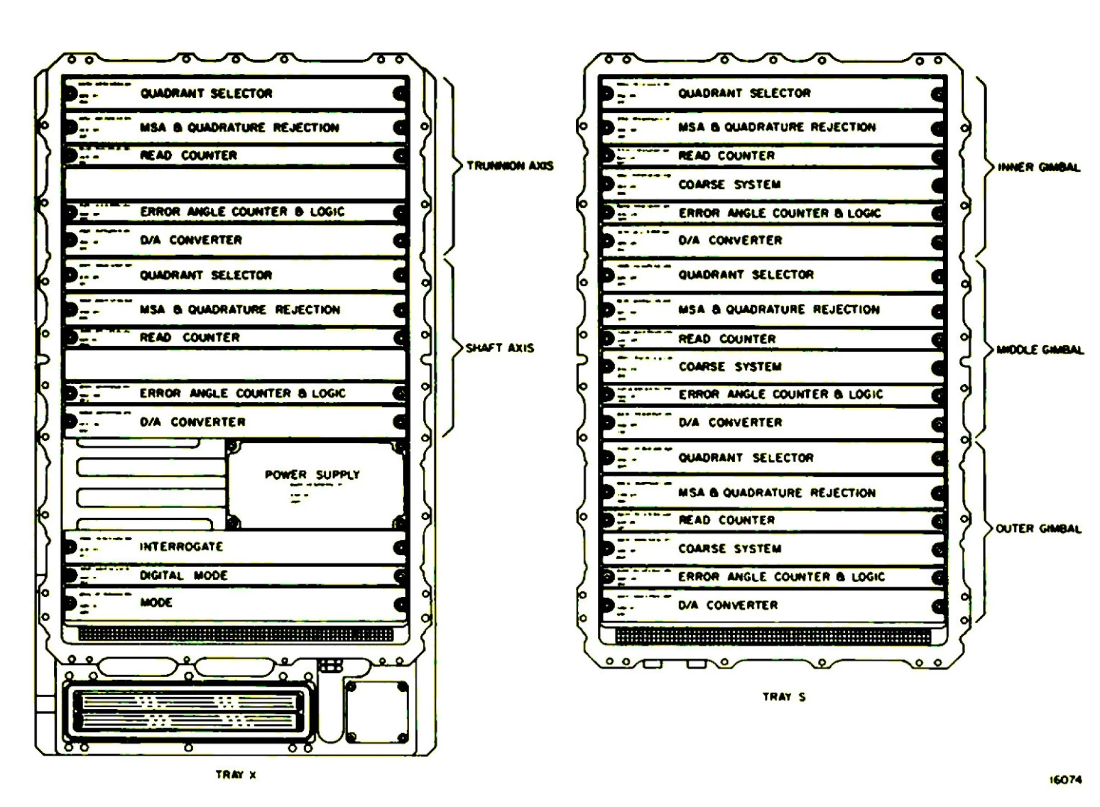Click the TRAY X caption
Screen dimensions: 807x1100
pyautogui.click(x=236, y=775)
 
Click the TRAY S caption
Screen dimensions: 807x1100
pyautogui.click(x=784, y=697)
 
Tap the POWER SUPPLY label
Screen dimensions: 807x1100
pyautogui.click(x=312, y=474)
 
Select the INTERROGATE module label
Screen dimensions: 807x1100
pyautogui.click(x=181, y=547)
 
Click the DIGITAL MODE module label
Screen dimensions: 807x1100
pyautogui.click(x=183, y=575)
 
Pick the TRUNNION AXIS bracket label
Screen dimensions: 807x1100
pyautogui.click(x=510, y=166)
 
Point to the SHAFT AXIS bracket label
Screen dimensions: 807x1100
pyautogui.click(x=500, y=348)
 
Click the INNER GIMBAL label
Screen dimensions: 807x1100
pyautogui.click(x=1039, y=167)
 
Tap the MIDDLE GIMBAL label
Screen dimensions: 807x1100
pyautogui.click(x=1040, y=350)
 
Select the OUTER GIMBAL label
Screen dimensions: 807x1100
pyautogui.click(x=1039, y=529)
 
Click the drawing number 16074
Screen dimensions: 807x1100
pyautogui.click(x=1065, y=780)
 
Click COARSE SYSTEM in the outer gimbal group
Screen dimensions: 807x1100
pyautogui.click(x=729, y=548)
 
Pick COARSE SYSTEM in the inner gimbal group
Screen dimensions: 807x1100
pyautogui.click(x=729, y=184)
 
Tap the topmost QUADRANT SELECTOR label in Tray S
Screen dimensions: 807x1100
pyautogui.click(x=744, y=93)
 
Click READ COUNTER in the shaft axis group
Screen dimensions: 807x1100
pyautogui.click(x=190, y=338)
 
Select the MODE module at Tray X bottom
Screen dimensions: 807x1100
pyautogui.click(x=156, y=602)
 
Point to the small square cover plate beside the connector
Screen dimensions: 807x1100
pyautogui.click(x=377, y=711)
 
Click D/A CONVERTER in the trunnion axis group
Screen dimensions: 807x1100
pyautogui.click(x=191, y=240)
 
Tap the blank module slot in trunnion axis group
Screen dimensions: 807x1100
pyautogui.click(x=235, y=184)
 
